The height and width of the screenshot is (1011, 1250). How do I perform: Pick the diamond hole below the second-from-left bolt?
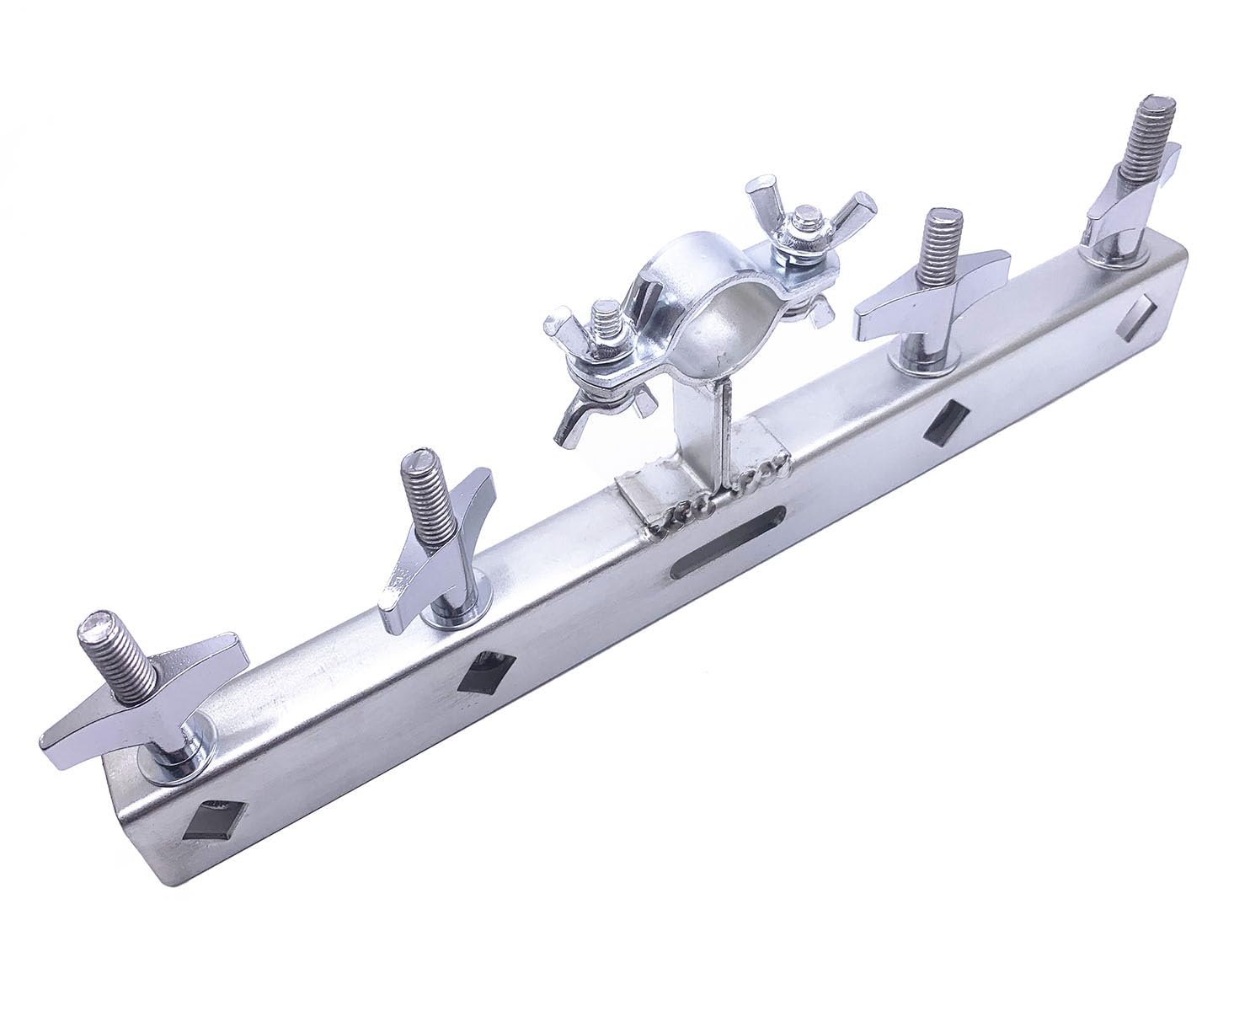483,673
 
